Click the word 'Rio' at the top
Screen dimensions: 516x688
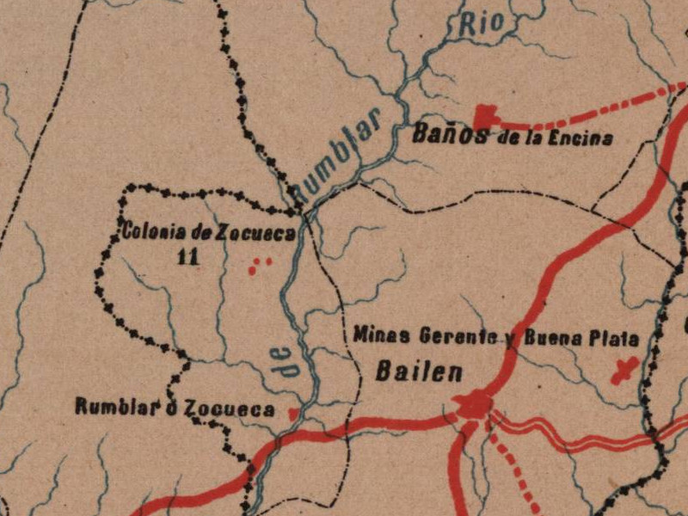[479, 25]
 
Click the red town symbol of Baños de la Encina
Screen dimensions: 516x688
[486, 116]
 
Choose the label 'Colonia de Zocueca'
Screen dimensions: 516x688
[208, 232]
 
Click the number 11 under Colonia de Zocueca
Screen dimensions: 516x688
[186, 256]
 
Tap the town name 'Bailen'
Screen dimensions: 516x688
[420, 372]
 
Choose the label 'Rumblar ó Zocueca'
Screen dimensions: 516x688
[175, 408]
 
